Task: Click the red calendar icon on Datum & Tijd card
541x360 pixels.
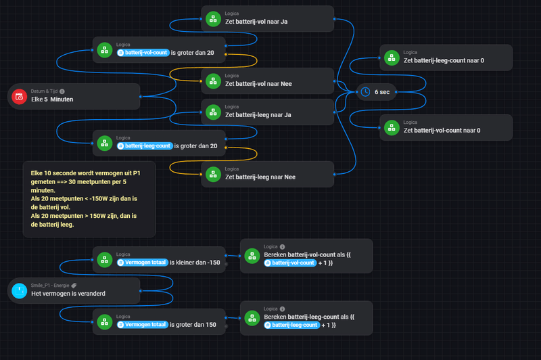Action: click(19, 96)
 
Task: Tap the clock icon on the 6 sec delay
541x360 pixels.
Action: click(365, 91)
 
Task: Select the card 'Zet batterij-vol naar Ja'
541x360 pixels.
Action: click(267, 18)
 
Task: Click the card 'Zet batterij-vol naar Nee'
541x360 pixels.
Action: click(267, 81)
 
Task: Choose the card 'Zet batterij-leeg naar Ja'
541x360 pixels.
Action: click(267, 112)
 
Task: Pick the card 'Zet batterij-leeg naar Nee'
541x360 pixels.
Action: click(267, 173)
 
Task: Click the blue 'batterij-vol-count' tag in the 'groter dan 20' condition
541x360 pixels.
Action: click(142, 52)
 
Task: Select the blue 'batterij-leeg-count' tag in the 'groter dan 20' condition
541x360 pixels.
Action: click(144, 145)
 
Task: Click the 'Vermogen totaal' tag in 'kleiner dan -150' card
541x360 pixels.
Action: click(141, 262)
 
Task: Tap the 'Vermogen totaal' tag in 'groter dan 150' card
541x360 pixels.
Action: click(141, 324)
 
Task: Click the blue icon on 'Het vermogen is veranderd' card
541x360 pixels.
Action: click(19, 290)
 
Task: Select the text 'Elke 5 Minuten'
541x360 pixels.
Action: click(52, 99)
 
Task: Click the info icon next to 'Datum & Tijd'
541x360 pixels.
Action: click(62, 91)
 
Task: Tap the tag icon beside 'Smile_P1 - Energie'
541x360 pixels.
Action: click(74, 286)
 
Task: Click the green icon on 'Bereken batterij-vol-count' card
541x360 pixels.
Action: click(252, 255)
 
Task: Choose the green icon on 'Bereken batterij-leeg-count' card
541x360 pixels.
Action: click(252, 317)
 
